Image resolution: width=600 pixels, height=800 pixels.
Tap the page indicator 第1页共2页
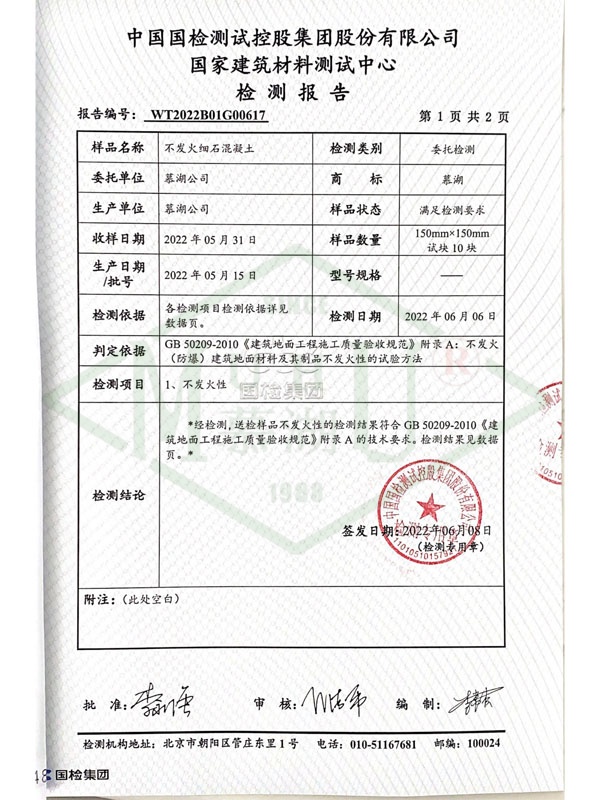[466, 115]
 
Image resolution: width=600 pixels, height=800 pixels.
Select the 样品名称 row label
[111, 148]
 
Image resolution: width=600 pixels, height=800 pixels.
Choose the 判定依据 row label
[111, 351]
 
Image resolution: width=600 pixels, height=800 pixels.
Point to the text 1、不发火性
[189, 384]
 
